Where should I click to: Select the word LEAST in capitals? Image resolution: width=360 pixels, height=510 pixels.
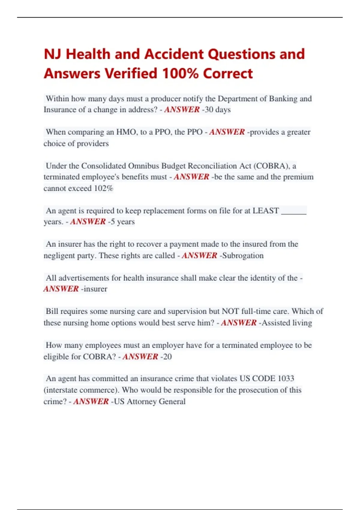[265, 211]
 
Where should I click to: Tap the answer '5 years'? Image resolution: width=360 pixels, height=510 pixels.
[123, 222]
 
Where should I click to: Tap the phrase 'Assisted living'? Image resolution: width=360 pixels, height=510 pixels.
[287, 323]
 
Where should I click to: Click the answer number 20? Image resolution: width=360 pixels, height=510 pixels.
[167, 357]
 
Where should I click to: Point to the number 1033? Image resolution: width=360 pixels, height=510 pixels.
[286, 379]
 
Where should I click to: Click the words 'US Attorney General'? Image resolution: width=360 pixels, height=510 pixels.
[150, 402]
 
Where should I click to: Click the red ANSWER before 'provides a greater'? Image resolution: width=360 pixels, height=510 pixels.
[227, 132]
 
